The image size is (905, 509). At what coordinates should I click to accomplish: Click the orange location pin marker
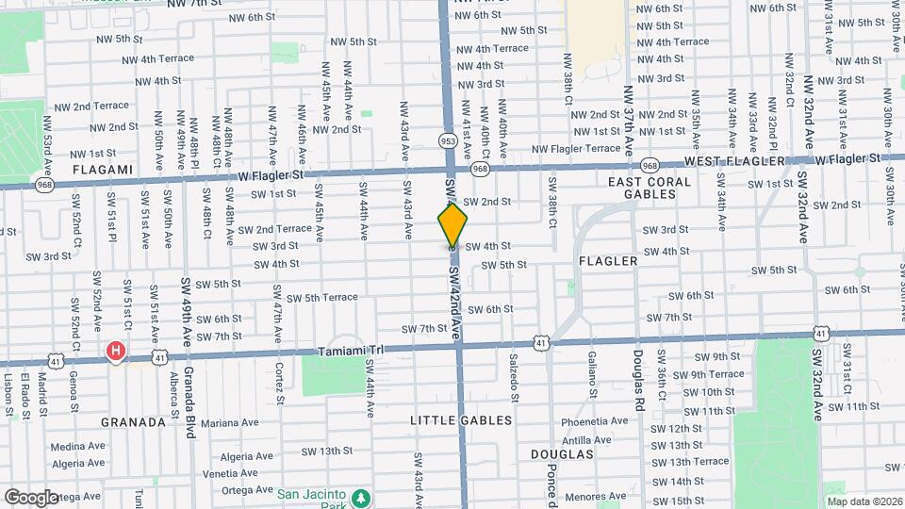click(x=452, y=226)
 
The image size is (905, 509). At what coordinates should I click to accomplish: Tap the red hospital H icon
click(x=116, y=352)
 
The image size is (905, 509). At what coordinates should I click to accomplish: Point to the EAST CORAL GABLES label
click(x=650, y=188)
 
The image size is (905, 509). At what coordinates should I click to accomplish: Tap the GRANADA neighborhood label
click(x=133, y=422)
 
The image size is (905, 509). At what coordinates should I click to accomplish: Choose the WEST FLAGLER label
click(x=732, y=162)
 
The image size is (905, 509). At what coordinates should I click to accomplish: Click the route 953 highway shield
click(x=448, y=140)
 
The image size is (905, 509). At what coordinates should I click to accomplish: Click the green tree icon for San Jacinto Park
click(x=359, y=496)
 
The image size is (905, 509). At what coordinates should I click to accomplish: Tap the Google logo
click(x=31, y=497)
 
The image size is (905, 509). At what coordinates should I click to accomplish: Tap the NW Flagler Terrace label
click(x=576, y=148)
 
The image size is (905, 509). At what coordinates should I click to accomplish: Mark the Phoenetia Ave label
click(x=594, y=421)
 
